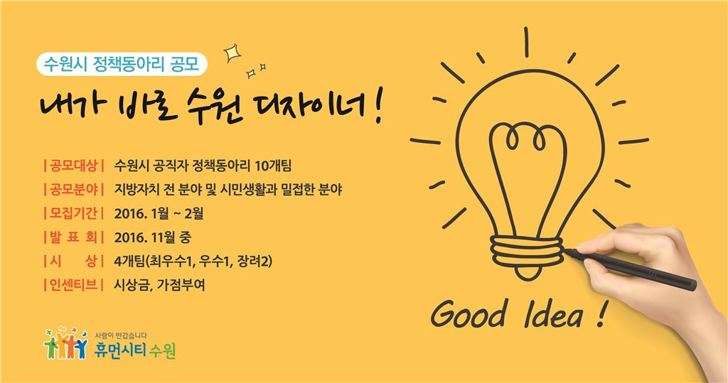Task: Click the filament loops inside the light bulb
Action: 528,136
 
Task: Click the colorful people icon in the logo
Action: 68,345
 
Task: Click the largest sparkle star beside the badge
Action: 231,53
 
